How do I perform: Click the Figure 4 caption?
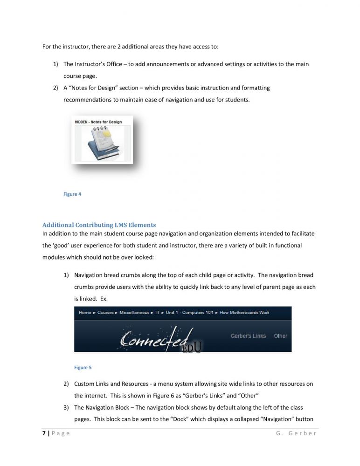tap(72, 194)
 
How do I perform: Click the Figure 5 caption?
tap(83, 367)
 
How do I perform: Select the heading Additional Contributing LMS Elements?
tap(99, 225)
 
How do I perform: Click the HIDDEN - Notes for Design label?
tap(98, 122)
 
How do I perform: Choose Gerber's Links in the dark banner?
tap(248, 336)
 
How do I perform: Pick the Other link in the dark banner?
tap(280, 336)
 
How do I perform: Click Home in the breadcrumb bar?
tap(85, 312)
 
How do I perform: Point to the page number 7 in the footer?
tap(44, 433)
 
